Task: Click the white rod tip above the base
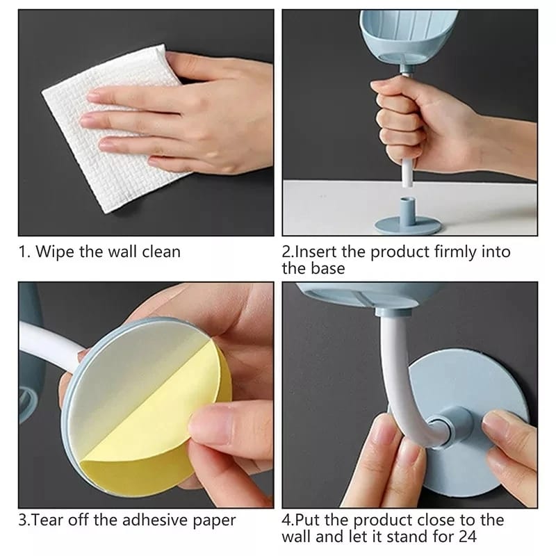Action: click(x=404, y=182)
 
